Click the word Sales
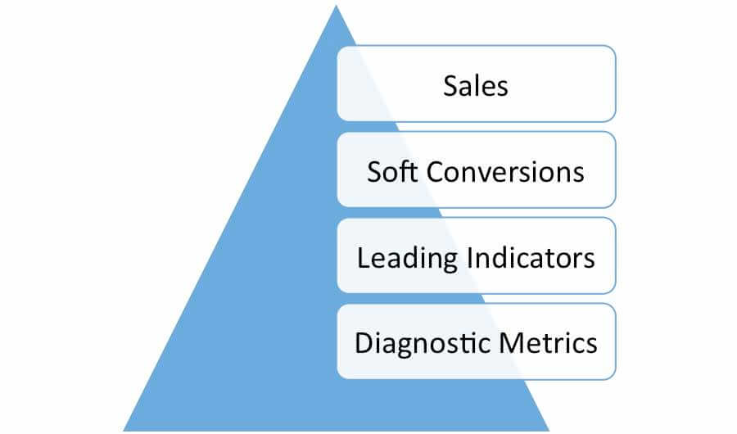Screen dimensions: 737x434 pos(476,86)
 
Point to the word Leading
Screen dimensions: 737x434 pos(407,259)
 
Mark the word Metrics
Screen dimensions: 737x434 pos(548,343)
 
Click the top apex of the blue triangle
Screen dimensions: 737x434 pos(336,5)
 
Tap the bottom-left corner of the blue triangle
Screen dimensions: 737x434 pos(124,430)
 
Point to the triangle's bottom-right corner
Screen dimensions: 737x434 pos(549,430)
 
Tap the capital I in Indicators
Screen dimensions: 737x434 pos(468,258)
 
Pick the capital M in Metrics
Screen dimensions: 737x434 pos(509,343)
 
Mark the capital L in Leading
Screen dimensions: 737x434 pos(364,258)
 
